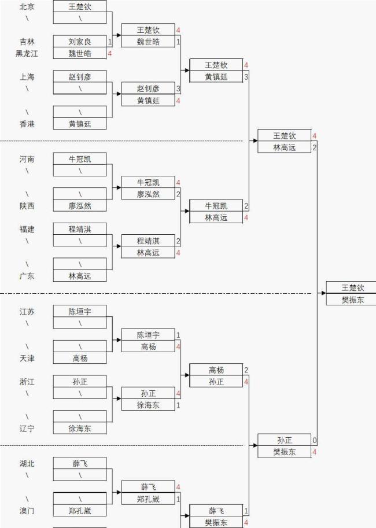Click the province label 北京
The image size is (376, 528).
pos(27,6)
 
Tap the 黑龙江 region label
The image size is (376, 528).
pos(27,53)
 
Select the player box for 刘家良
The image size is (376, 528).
pos(80,42)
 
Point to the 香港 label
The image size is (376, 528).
pos(27,124)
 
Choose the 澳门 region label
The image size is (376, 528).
pos(27,511)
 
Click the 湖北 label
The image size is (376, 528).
pos(27,463)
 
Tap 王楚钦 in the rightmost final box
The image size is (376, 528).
pos(352,287)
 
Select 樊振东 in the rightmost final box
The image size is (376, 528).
pos(352,300)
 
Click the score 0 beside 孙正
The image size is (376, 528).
pos(315,440)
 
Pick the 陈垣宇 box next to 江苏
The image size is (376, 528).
pos(80,311)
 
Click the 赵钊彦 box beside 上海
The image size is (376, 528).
pos(80,76)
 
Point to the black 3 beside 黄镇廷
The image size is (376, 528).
pos(246,77)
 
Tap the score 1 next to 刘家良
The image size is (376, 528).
pos(109,42)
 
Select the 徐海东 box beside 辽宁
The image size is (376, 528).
pos(80,429)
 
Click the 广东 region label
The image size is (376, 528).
pos(27,276)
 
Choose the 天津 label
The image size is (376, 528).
pos(27,358)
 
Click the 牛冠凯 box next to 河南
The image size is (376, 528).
pos(80,158)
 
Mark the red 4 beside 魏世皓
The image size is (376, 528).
pos(109,53)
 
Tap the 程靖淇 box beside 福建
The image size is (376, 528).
pos(80,229)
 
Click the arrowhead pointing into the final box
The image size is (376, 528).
pos(323,293)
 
